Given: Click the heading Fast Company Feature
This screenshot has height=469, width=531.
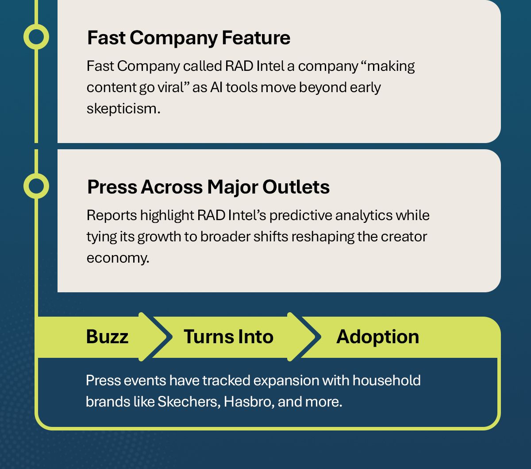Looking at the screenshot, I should point(189,38).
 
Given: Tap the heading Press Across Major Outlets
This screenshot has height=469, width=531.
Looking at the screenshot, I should point(208,187).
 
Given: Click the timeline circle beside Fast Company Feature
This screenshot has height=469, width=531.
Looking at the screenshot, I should point(36,37).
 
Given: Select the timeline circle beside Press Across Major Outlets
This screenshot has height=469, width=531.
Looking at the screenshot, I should point(36,186).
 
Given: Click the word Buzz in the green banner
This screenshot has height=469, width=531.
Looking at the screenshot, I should point(107,337).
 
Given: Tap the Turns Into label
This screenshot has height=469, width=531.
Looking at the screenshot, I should point(228,337).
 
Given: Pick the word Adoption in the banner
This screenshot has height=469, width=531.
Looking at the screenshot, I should point(377,337).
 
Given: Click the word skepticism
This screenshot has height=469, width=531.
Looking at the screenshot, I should point(123,109).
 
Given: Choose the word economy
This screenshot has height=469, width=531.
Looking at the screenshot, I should point(117,258).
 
